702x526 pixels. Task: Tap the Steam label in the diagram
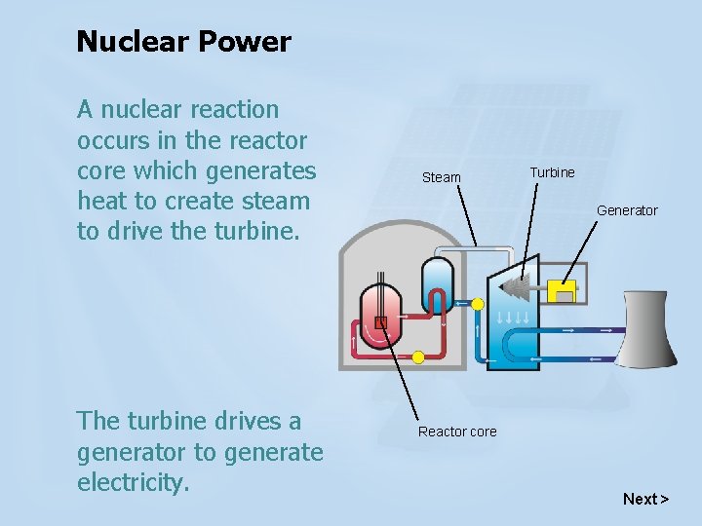(441, 177)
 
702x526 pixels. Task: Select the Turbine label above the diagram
(552, 172)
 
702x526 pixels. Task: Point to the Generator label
(627, 210)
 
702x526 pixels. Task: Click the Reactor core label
(457, 432)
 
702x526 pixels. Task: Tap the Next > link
(645, 499)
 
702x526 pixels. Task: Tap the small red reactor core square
(381, 323)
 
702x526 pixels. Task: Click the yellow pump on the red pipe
(418, 357)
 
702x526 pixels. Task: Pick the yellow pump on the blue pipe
(478, 304)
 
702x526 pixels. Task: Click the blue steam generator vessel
(436, 282)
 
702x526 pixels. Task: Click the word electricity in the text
(131, 481)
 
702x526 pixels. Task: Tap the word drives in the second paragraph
(242, 421)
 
